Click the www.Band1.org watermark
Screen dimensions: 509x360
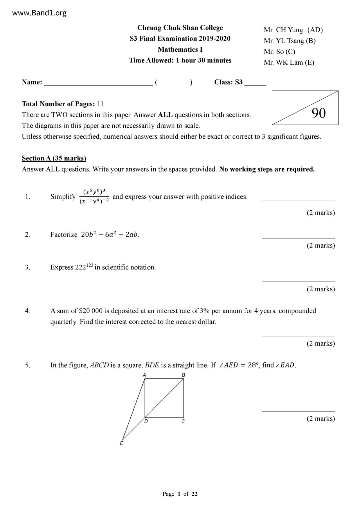[39, 13]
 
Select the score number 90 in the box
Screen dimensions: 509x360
[318, 113]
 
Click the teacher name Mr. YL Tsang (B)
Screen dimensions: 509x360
[289, 41]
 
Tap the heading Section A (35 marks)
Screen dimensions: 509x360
[54, 158]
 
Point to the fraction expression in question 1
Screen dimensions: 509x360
[94, 196]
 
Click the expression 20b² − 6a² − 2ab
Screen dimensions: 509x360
[109, 234]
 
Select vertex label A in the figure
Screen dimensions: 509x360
[145, 375]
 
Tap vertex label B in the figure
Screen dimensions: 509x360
[183, 375]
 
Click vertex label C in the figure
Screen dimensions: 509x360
[183, 421]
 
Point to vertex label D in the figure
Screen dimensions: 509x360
[146, 421]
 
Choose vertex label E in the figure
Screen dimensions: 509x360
[121, 443]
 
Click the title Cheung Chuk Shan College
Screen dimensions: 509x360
[180, 28]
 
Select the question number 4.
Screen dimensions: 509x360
[28, 311]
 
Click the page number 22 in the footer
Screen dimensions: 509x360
[195, 494]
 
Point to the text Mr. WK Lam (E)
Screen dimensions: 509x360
[289, 62]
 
